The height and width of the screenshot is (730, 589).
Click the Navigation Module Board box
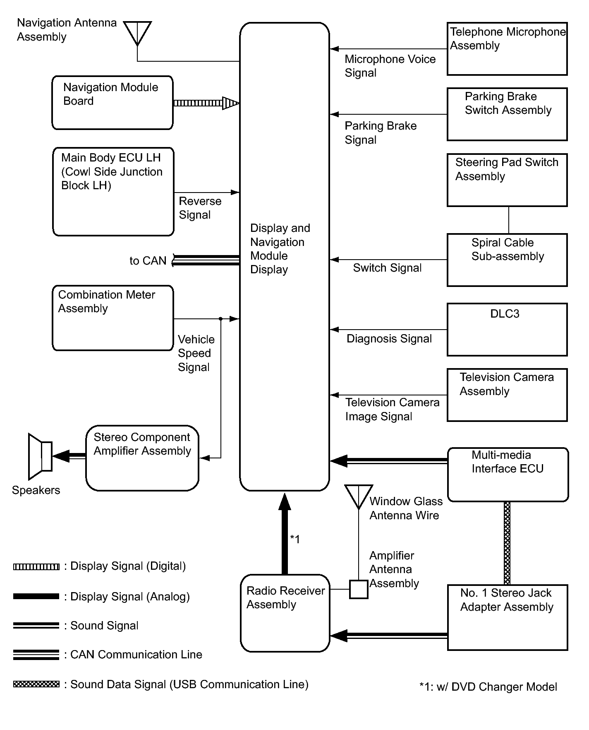112,103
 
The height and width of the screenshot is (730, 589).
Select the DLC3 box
507,330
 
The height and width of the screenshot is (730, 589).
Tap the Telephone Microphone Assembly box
507,49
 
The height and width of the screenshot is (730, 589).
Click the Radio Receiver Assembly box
285,613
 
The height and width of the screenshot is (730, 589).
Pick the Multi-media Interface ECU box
508,475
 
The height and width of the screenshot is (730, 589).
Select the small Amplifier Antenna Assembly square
359,589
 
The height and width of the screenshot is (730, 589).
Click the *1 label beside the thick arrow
295,539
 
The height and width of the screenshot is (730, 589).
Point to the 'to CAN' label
148,261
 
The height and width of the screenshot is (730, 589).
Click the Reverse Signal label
200,208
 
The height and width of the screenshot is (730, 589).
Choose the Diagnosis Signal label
389,339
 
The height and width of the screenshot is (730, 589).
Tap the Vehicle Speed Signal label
196,353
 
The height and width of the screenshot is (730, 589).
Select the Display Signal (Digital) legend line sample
36,566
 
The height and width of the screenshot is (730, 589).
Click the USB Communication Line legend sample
36,684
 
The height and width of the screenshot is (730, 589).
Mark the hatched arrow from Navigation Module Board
206,103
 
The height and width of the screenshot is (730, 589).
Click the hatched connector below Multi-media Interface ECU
507,543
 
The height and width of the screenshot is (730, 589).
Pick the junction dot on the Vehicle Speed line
221,319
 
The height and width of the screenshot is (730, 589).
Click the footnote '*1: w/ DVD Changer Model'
488,687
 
